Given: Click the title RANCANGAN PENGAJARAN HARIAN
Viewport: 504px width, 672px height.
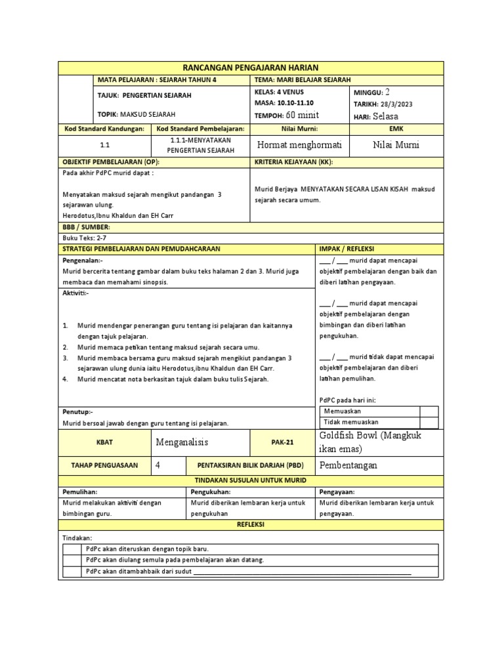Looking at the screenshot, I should tap(251, 68).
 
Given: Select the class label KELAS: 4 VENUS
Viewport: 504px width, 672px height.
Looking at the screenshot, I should tap(275, 93).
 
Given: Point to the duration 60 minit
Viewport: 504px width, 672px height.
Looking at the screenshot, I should tap(303, 115).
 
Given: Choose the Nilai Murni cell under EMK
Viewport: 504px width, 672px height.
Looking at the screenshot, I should tap(395, 145).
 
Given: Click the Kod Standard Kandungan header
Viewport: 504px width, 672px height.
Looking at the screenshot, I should tap(104, 129).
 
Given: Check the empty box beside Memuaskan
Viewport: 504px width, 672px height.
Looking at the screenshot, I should tap(429, 411).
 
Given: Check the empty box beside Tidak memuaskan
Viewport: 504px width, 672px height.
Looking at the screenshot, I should tap(429, 422).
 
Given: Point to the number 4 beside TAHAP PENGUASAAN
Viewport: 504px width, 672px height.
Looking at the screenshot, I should tap(157, 465).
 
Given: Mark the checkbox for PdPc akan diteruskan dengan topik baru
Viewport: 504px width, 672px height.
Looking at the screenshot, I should tap(72, 549).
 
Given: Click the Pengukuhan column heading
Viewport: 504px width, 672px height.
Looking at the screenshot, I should tap(211, 491).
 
